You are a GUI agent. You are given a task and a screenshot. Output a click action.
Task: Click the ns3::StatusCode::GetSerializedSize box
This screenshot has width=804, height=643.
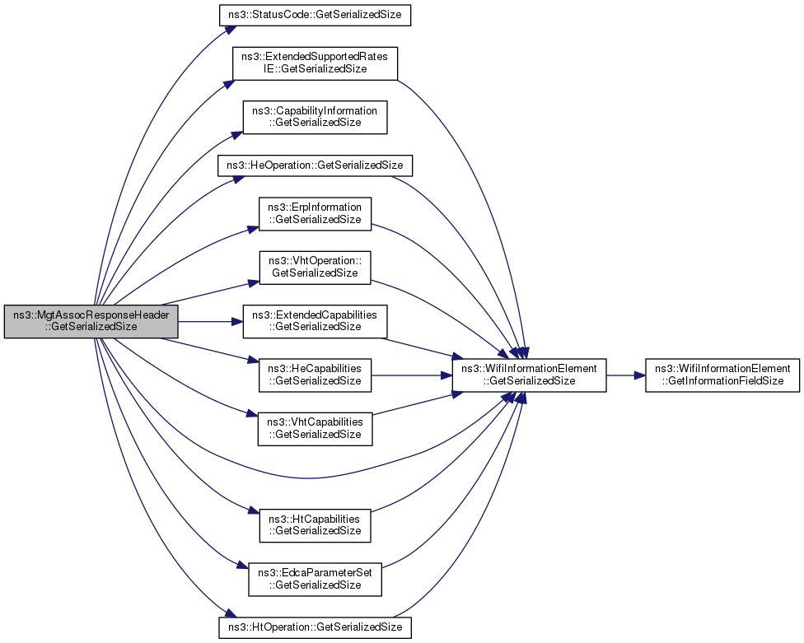pos(315,15)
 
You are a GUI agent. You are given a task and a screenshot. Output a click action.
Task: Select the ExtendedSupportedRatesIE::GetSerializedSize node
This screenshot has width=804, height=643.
pos(315,63)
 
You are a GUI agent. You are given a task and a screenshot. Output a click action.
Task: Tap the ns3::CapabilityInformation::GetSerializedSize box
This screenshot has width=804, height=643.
pos(315,118)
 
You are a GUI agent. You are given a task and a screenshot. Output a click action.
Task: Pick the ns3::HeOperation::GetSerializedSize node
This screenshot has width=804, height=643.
pos(315,165)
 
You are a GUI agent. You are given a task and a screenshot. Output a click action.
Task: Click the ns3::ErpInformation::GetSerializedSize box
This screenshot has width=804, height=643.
pos(315,214)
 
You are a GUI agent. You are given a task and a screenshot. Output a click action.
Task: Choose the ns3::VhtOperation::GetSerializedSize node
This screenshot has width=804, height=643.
pos(315,268)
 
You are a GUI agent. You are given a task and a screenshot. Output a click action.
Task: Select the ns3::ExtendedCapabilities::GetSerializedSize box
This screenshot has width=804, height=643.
pos(315,321)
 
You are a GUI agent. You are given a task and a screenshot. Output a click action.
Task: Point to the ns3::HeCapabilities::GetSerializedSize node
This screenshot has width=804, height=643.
pos(315,375)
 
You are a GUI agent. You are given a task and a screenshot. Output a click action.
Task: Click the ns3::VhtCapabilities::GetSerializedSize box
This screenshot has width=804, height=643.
pos(315,429)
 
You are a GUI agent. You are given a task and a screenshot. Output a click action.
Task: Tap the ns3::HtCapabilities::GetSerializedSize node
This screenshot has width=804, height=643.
pos(315,525)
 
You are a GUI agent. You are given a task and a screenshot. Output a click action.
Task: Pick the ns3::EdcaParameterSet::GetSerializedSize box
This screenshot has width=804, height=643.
pos(315,580)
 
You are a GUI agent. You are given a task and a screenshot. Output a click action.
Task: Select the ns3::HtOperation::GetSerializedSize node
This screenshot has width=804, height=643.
pos(315,627)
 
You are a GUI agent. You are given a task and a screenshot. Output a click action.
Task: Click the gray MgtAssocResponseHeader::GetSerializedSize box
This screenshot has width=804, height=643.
pos(91,321)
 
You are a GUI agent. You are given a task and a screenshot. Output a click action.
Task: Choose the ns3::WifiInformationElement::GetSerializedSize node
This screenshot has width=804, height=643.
pos(529,375)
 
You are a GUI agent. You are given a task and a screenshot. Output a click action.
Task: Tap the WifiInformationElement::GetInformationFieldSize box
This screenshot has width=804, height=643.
pos(722,375)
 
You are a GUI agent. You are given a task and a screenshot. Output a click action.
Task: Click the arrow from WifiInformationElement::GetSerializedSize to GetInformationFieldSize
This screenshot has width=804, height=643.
pos(625,375)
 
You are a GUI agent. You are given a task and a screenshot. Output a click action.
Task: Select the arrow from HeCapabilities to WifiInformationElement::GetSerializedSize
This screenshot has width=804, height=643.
pos(411,375)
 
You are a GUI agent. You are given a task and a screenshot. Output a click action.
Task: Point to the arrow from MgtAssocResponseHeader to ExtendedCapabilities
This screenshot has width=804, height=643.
pos(210,322)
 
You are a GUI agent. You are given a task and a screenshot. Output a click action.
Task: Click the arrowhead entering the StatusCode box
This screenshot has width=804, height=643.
pos(230,29)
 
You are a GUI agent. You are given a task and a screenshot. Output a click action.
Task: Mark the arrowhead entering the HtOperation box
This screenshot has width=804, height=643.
pos(230,613)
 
